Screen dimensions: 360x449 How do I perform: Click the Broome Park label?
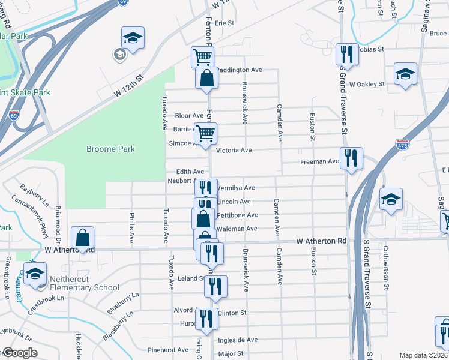point(110,149)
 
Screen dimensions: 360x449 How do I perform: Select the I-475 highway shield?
point(402,144)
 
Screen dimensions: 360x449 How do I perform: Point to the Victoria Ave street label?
point(242,150)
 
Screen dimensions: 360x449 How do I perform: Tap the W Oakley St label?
point(367,85)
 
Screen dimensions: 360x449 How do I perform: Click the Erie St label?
point(224,23)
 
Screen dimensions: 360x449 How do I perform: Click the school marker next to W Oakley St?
point(405,74)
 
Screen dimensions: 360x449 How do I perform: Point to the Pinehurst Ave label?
point(168,350)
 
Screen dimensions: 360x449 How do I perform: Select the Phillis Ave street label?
point(132,228)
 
